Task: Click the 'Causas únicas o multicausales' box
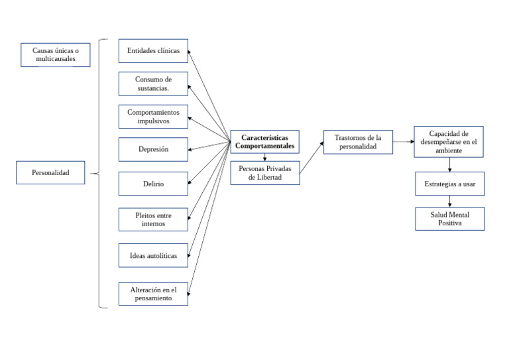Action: (x=55, y=55)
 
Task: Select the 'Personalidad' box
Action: (x=50, y=172)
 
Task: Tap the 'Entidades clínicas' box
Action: (x=153, y=51)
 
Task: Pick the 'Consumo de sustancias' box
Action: (x=153, y=84)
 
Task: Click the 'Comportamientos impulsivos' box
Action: (x=153, y=117)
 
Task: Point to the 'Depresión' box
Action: (x=153, y=149)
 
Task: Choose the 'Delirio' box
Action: (x=153, y=184)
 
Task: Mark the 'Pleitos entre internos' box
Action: (x=153, y=219)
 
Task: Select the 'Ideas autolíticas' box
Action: (x=153, y=255)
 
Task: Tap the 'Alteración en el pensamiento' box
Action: (x=153, y=294)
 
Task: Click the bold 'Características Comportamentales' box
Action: (x=264, y=141)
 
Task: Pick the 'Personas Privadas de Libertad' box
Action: (x=264, y=172)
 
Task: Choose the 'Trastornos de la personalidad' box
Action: (x=358, y=142)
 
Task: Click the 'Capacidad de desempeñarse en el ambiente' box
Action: (x=449, y=142)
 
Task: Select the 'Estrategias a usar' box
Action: (x=450, y=184)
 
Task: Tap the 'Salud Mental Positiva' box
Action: (x=450, y=219)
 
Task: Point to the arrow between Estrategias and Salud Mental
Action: (x=450, y=202)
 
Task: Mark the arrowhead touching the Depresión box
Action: (x=191, y=150)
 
